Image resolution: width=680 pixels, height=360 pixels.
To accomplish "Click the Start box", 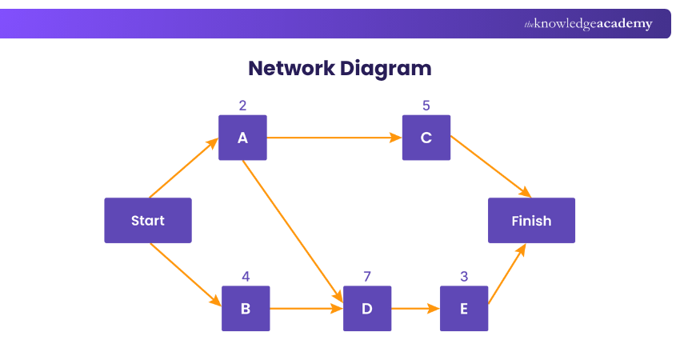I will (148, 220).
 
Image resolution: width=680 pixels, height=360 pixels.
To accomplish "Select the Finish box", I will (531, 220).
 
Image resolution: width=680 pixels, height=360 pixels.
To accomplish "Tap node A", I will (242, 138).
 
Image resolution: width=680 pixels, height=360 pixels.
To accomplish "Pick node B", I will (246, 308).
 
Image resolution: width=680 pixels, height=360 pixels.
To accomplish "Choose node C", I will (426, 138).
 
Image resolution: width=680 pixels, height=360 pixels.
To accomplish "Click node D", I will (367, 308).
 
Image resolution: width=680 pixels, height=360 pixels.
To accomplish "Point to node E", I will (464, 308).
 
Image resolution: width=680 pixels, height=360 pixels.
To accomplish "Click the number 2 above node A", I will (242, 105).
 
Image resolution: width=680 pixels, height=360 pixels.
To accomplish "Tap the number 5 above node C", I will (426, 105).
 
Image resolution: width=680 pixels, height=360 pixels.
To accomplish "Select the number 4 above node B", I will (246, 277).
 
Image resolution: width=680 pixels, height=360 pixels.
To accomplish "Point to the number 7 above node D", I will (367, 277).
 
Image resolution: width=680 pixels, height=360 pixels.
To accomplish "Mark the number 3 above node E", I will (464, 277).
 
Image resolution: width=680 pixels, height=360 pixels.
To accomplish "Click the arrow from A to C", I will (334, 138).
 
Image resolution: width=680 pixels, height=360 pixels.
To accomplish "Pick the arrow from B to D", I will (306, 308).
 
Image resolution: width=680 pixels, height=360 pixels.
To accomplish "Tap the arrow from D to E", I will (415, 308).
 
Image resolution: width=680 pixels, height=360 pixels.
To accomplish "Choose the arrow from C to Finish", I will (490, 166).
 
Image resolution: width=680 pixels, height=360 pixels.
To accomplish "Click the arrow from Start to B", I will (186, 274).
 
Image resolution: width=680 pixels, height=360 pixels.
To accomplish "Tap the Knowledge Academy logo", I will (588, 24).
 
